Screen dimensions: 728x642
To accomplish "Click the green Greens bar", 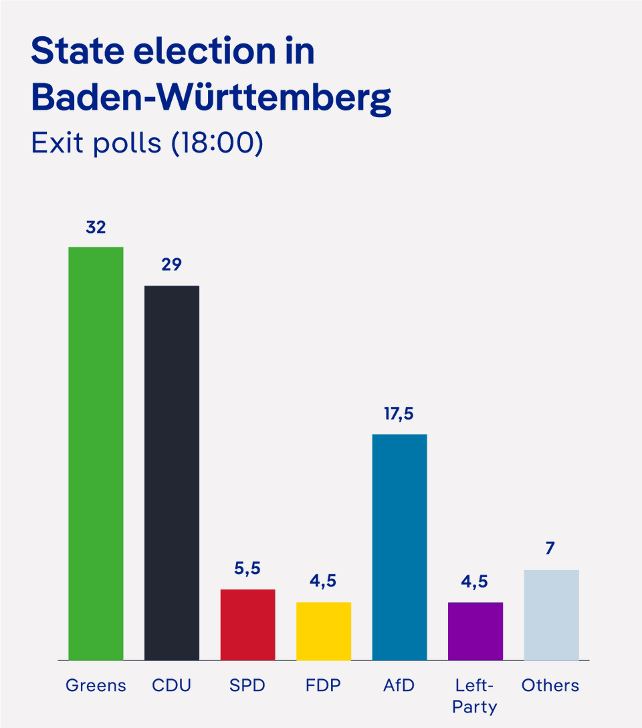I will (x=96, y=453).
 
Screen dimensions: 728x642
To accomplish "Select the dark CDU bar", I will (x=172, y=472).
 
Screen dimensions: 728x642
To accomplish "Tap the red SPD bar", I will (x=247, y=624).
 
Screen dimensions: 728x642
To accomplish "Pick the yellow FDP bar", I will (x=324, y=631).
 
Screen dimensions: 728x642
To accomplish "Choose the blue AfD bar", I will (x=399, y=547).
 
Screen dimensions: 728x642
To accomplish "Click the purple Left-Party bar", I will (x=475, y=631).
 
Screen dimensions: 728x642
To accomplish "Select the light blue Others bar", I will (x=551, y=615).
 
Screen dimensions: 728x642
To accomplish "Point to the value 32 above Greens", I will (x=96, y=227).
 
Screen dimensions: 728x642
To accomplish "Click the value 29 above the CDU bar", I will (x=172, y=265).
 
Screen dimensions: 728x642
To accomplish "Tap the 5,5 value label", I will (x=247, y=569).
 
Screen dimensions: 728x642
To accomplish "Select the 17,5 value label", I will (x=399, y=414).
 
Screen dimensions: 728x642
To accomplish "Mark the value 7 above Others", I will (x=550, y=549).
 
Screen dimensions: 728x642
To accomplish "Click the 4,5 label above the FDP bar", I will (x=324, y=581).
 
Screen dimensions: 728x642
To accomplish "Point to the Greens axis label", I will (x=96, y=685).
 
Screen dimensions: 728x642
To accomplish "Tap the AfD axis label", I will (x=399, y=685).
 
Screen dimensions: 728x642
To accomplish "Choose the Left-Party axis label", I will (x=475, y=696).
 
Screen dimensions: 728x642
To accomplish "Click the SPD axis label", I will (x=247, y=685).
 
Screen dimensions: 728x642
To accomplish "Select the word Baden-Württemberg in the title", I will (x=211, y=98).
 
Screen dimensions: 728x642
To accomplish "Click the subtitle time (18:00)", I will (x=217, y=143).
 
